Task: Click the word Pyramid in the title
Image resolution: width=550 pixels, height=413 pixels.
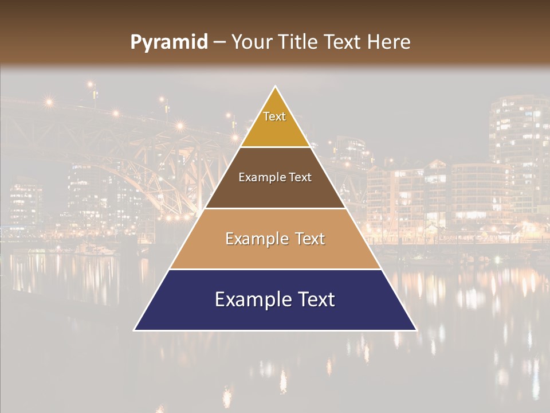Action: [169, 42]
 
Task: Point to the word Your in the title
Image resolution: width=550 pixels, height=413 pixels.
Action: [251, 42]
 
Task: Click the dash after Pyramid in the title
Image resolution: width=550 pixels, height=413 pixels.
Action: [219, 42]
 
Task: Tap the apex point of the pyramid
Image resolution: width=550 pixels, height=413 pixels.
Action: [276, 87]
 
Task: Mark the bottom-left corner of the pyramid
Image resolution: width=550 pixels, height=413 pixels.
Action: [135, 330]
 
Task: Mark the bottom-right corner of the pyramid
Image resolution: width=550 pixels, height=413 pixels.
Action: [416, 330]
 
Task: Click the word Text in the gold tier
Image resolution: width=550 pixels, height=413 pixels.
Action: [274, 116]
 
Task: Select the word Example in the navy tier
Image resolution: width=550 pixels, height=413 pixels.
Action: [249, 299]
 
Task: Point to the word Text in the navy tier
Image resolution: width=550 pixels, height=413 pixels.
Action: [312, 299]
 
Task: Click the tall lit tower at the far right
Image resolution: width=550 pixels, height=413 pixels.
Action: [518, 149]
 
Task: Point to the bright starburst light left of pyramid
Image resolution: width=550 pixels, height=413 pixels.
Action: [179, 124]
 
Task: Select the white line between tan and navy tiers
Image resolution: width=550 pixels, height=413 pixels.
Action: [275, 269]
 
